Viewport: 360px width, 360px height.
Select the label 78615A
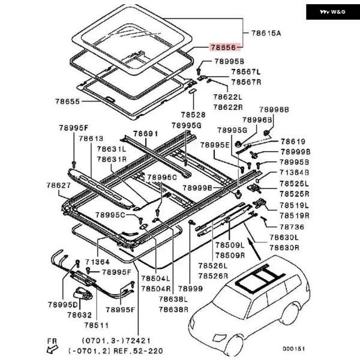(266, 34)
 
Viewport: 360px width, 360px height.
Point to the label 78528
(193, 113)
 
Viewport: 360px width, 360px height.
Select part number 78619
(293, 142)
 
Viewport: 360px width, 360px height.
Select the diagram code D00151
(295, 347)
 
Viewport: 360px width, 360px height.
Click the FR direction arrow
(53, 346)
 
